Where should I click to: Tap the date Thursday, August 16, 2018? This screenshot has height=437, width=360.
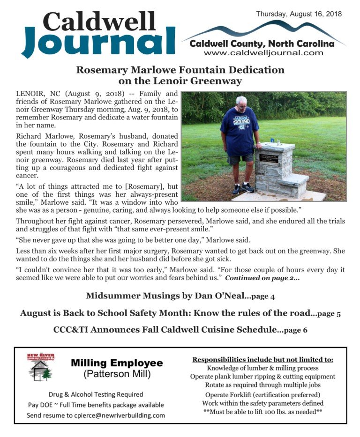click(299, 14)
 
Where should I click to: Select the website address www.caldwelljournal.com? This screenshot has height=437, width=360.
click(263, 53)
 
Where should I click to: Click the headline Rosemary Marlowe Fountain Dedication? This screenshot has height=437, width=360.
click(180, 70)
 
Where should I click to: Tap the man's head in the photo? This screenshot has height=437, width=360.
click(241, 103)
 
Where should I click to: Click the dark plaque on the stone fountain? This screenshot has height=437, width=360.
click(269, 158)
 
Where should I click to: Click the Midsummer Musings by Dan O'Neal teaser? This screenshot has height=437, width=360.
click(180, 296)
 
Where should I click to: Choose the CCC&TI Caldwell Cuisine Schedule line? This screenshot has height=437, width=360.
click(180, 330)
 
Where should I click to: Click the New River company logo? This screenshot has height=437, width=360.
click(41, 366)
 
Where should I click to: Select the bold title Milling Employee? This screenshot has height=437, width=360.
click(117, 363)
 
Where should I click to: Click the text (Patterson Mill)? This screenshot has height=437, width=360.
click(117, 375)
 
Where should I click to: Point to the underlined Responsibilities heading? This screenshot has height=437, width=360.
click(262, 360)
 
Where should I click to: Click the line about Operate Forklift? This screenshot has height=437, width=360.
click(262, 394)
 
